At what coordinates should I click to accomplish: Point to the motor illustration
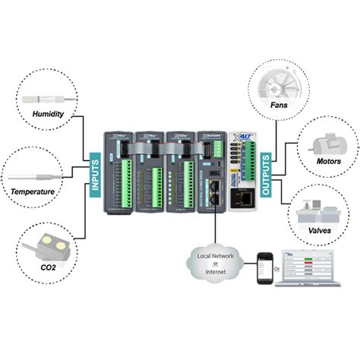tap(322, 143)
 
